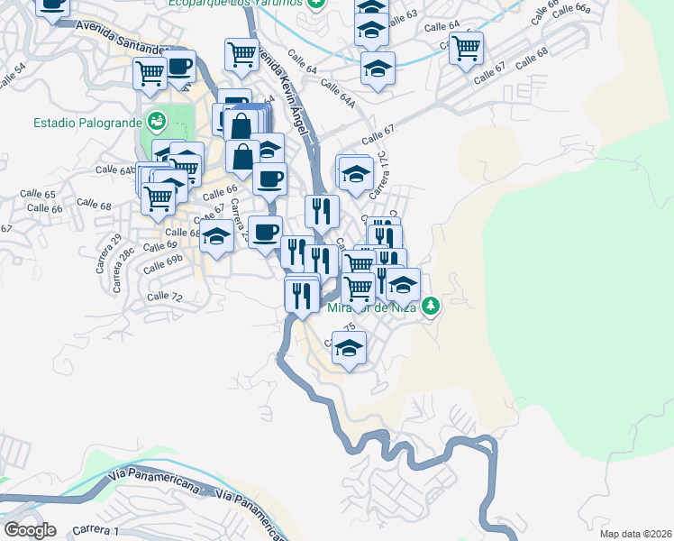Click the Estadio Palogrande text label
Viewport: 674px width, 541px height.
tap(88, 122)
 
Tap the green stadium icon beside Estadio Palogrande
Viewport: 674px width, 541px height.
tap(157, 120)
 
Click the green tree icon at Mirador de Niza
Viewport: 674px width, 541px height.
tap(432, 307)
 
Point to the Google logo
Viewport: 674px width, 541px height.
tap(30, 530)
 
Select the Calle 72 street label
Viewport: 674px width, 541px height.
tap(164, 296)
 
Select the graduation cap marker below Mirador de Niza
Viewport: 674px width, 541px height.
tap(349, 347)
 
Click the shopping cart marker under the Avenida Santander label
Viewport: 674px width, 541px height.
tap(150, 73)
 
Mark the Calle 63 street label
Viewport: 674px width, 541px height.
tap(402, 18)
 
